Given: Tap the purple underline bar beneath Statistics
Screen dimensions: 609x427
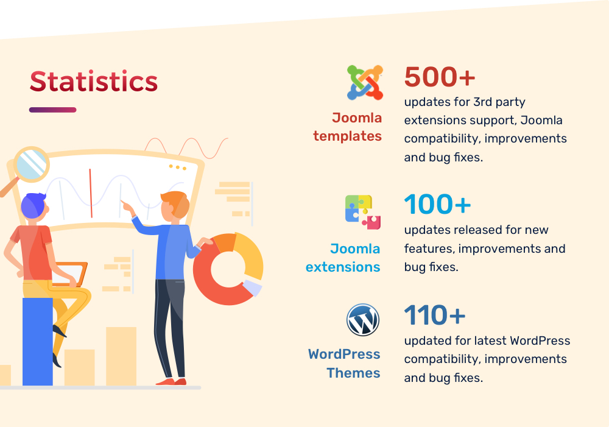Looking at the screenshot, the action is (x=53, y=110).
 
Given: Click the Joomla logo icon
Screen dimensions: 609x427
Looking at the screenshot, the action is (x=365, y=82).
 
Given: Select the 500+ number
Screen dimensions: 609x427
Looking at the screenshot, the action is (x=440, y=77).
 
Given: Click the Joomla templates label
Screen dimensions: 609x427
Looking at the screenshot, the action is (x=348, y=127).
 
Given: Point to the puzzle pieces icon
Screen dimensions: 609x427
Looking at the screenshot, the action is (x=363, y=212).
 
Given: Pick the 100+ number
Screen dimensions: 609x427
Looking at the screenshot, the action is (x=437, y=205).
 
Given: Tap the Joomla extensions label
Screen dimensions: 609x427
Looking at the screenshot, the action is (x=343, y=258).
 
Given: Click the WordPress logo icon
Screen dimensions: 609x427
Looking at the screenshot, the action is (x=363, y=320).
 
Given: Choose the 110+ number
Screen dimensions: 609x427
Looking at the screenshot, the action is (x=435, y=315).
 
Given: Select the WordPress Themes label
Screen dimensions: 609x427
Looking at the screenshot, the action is (x=344, y=363).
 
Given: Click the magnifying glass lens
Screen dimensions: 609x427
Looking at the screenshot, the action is (x=32, y=164).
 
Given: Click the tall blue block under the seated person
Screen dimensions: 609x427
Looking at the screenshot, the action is (x=37, y=342).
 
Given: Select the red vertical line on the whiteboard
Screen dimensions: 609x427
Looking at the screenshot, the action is (x=91, y=193).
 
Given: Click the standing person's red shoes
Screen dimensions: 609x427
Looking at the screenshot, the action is (x=171, y=381).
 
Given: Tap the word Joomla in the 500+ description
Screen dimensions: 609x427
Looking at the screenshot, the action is (x=541, y=120).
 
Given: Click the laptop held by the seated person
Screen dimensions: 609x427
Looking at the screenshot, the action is (x=70, y=274).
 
